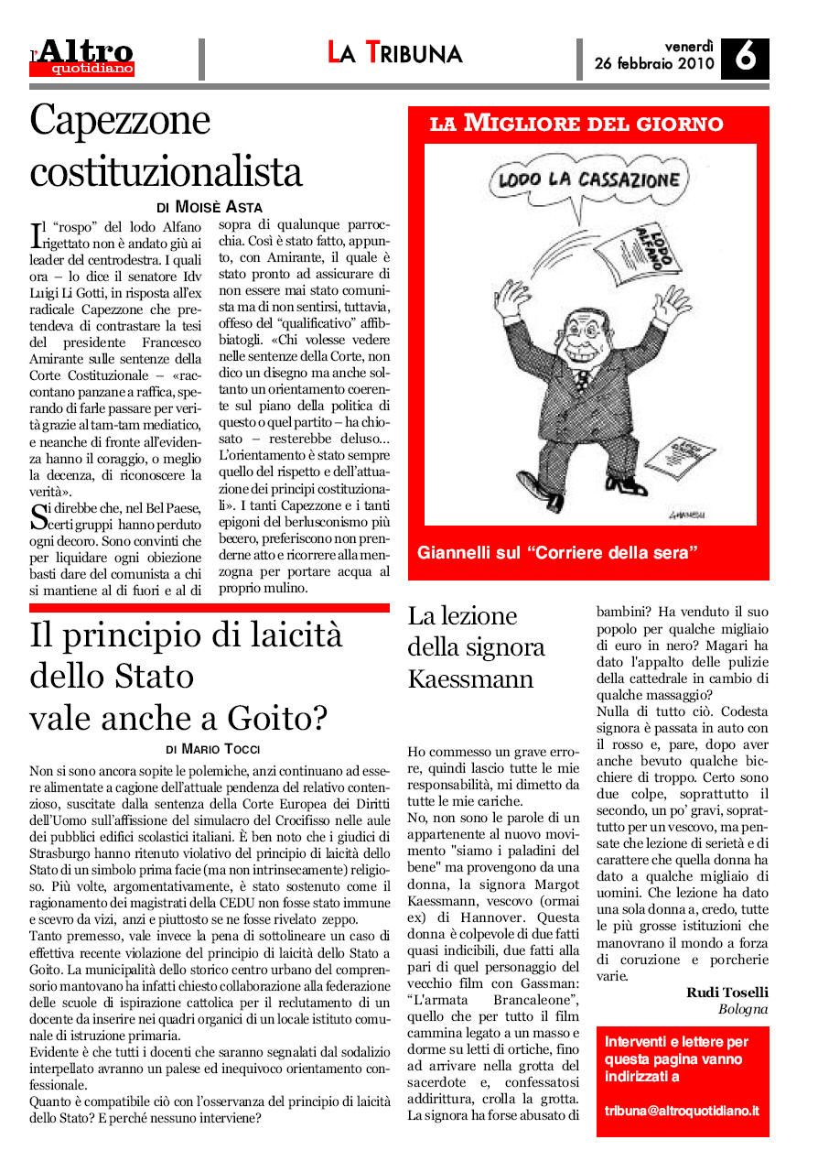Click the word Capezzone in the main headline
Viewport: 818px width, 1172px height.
click(120, 120)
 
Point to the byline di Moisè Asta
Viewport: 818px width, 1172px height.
click(209, 208)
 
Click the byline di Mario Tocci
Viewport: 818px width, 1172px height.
click(210, 750)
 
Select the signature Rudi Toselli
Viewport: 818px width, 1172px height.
click(727, 993)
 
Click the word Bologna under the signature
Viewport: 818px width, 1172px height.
click(743, 1009)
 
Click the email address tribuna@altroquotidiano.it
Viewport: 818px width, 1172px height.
click(682, 1110)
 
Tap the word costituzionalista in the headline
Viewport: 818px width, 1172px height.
click(166, 170)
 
